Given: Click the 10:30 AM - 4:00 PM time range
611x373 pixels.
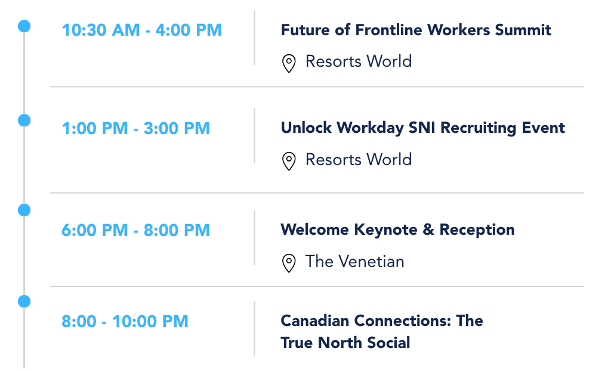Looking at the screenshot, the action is [x=142, y=30].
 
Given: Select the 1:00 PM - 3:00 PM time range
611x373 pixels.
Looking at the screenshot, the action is [x=136, y=128].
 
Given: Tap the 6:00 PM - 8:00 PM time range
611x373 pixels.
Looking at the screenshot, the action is [x=136, y=230].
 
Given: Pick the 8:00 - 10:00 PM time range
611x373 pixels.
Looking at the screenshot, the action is [x=125, y=322].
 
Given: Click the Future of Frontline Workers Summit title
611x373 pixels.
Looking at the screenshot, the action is [x=416, y=30].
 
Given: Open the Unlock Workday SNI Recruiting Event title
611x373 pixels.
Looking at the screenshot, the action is [x=423, y=128].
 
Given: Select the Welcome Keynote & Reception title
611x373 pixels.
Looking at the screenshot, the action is [x=398, y=229].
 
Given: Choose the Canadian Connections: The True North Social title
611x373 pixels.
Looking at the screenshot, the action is [x=382, y=332].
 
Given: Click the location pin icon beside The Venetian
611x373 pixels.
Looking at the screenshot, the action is [x=289, y=263].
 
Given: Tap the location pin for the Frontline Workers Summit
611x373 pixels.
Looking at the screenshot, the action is [x=289, y=63].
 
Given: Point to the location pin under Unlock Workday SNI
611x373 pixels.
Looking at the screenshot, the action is [x=289, y=161].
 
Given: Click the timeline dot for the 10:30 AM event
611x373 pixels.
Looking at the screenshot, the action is [x=24, y=26].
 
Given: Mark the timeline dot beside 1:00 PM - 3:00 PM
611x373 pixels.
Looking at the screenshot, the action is [x=24, y=120].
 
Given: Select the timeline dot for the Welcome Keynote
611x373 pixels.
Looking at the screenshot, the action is [x=24, y=210].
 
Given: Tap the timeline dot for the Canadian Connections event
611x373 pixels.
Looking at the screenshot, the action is [x=24, y=301].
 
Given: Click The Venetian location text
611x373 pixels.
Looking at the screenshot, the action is [x=355, y=262].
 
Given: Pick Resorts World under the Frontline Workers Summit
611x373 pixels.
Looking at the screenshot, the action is [x=359, y=61].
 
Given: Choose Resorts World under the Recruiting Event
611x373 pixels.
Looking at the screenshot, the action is [x=359, y=160].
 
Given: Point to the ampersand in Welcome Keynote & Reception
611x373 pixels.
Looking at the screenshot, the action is [x=428, y=229].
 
